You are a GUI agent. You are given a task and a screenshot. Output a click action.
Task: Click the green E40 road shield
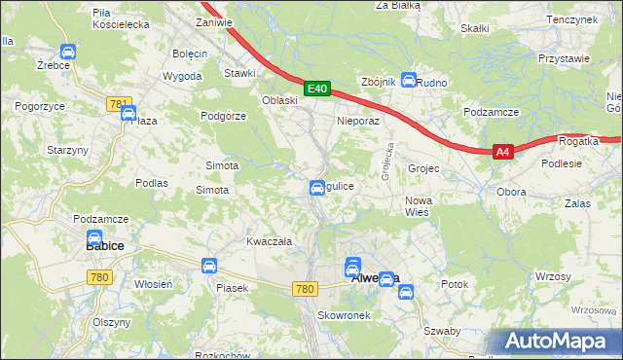[x=316, y=89]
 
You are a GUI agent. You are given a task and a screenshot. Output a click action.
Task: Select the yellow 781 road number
[x=119, y=102]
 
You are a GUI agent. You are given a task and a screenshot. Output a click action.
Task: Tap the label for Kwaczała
[x=270, y=240]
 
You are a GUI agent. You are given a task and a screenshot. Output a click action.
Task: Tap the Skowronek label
[x=341, y=316]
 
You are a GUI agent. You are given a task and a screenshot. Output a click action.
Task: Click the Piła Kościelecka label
[x=120, y=17]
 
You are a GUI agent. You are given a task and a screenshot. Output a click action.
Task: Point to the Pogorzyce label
[x=39, y=104]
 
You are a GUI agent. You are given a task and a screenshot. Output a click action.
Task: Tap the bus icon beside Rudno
[x=410, y=82]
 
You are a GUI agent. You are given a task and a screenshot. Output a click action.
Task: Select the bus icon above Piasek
[x=208, y=266]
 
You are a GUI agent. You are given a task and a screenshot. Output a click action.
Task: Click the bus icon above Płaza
[x=128, y=114]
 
